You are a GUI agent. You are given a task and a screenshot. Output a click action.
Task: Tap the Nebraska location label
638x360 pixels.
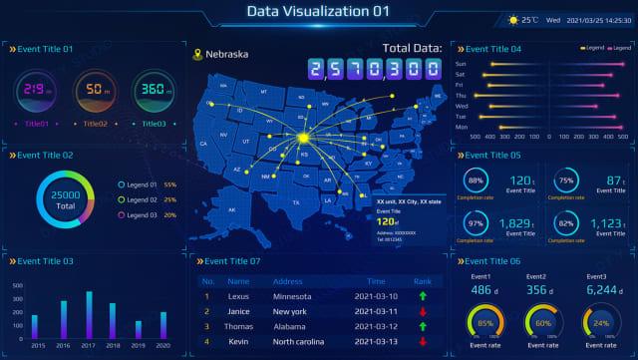227,54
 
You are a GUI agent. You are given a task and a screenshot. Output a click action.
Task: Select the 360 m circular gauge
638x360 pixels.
153,91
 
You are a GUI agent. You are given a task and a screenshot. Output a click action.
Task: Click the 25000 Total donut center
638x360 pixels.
66,199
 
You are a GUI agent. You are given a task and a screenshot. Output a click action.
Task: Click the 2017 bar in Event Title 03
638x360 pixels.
89,314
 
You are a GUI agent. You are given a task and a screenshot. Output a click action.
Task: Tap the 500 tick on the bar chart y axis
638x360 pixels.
17,284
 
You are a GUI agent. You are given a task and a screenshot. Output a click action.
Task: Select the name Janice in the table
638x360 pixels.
240,311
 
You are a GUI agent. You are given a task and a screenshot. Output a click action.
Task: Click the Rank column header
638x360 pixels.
423,281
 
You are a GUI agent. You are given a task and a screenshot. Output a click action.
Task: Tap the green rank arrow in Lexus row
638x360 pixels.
423,296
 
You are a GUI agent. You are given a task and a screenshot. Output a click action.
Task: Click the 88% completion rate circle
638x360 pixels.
477,180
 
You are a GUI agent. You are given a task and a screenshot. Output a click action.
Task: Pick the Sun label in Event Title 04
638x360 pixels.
461,65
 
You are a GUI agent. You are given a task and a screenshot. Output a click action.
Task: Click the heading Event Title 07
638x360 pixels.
231,261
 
